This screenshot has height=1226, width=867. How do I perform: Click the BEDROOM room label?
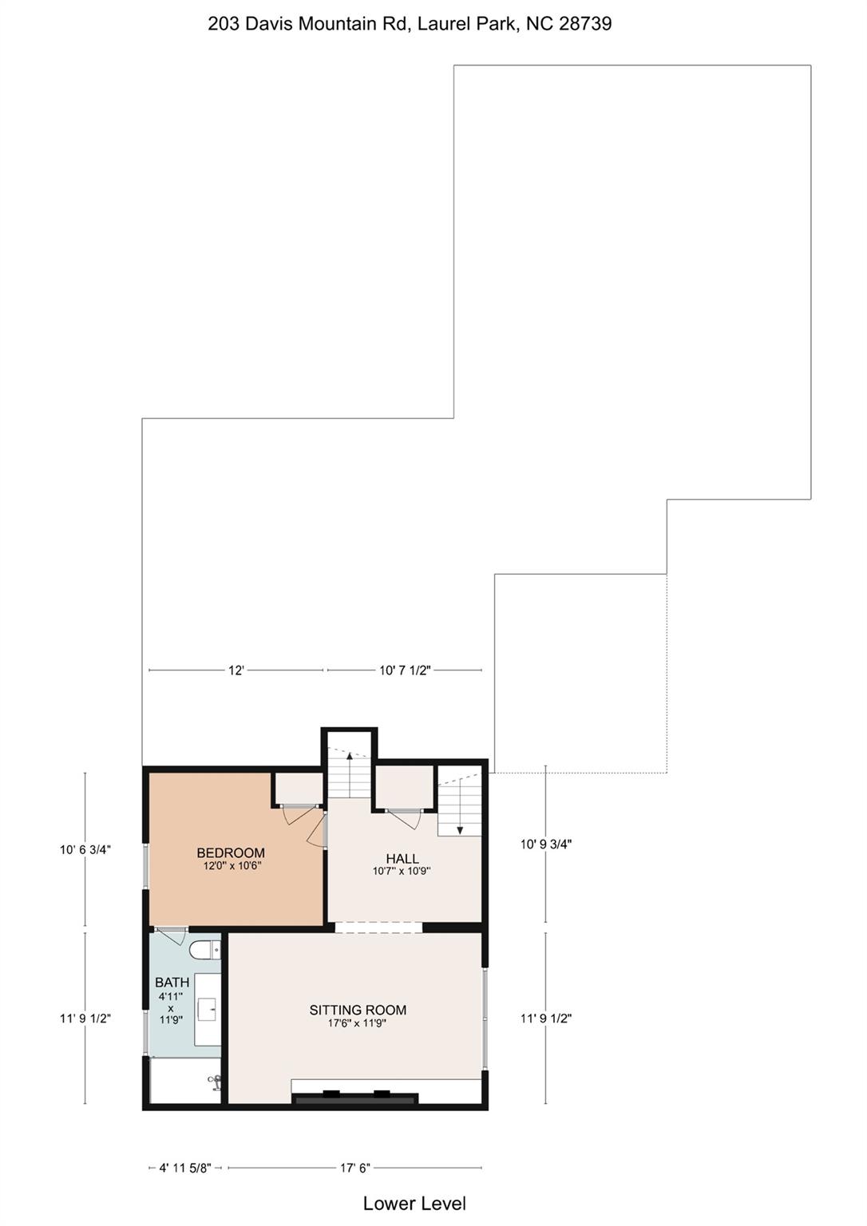(x=231, y=853)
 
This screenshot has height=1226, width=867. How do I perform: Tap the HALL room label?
(x=402, y=859)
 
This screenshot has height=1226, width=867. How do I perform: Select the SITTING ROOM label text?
(x=358, y=1010)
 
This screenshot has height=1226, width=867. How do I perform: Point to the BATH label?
(x=172, y=983)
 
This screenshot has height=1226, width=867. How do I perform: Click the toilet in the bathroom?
(x=205, y=951)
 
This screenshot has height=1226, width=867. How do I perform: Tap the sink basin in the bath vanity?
(x=212, y=1010)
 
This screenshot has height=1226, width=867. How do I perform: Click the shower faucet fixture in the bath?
(x=215, y=1082)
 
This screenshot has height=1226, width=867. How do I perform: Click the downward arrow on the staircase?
(x=460, y=829)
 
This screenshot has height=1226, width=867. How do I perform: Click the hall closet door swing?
(x=405, y=818)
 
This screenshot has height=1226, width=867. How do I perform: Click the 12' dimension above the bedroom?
(x=236, y=670)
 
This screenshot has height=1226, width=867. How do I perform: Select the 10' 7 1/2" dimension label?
(x=405, y=670)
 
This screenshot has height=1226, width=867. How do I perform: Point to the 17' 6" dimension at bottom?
(x=355, y=1168)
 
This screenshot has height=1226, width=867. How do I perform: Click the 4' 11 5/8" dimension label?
(x=185, y=1168)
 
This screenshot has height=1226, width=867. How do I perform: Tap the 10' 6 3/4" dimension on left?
(x=85, y=850)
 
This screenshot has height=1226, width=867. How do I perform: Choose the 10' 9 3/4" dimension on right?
(x=546, y=844)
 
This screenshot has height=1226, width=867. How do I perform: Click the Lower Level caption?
(x=414, y=1204)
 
